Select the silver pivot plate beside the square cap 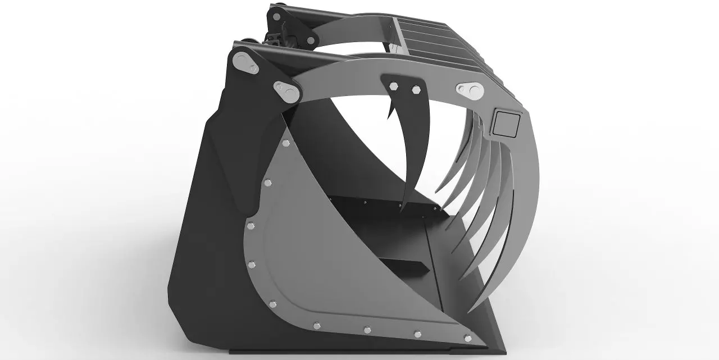pyautogui.click(x=471, y=90)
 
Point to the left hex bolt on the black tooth pyautogui.click(x=393, y=86)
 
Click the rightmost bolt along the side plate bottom pyautogui.click(x=467, y=338)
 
